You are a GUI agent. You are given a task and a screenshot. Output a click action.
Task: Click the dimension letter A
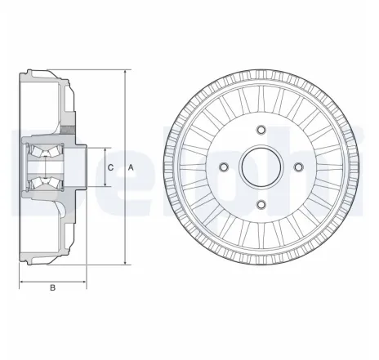(131, 167)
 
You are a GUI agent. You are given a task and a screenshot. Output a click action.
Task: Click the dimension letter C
(110, 167)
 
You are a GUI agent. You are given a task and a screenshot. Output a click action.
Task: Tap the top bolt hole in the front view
(261, 129)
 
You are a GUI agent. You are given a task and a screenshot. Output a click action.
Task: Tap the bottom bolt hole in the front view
(261, 204)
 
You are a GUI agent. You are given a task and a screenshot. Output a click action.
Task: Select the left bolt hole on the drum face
(223, 167)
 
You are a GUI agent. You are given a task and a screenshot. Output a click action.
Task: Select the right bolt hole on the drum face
(298, 167)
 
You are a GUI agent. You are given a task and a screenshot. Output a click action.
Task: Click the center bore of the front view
(261, 167)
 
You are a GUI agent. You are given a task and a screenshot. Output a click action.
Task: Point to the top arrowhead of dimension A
(124, 74)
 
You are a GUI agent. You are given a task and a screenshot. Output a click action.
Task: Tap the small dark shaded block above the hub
(74, 131)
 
